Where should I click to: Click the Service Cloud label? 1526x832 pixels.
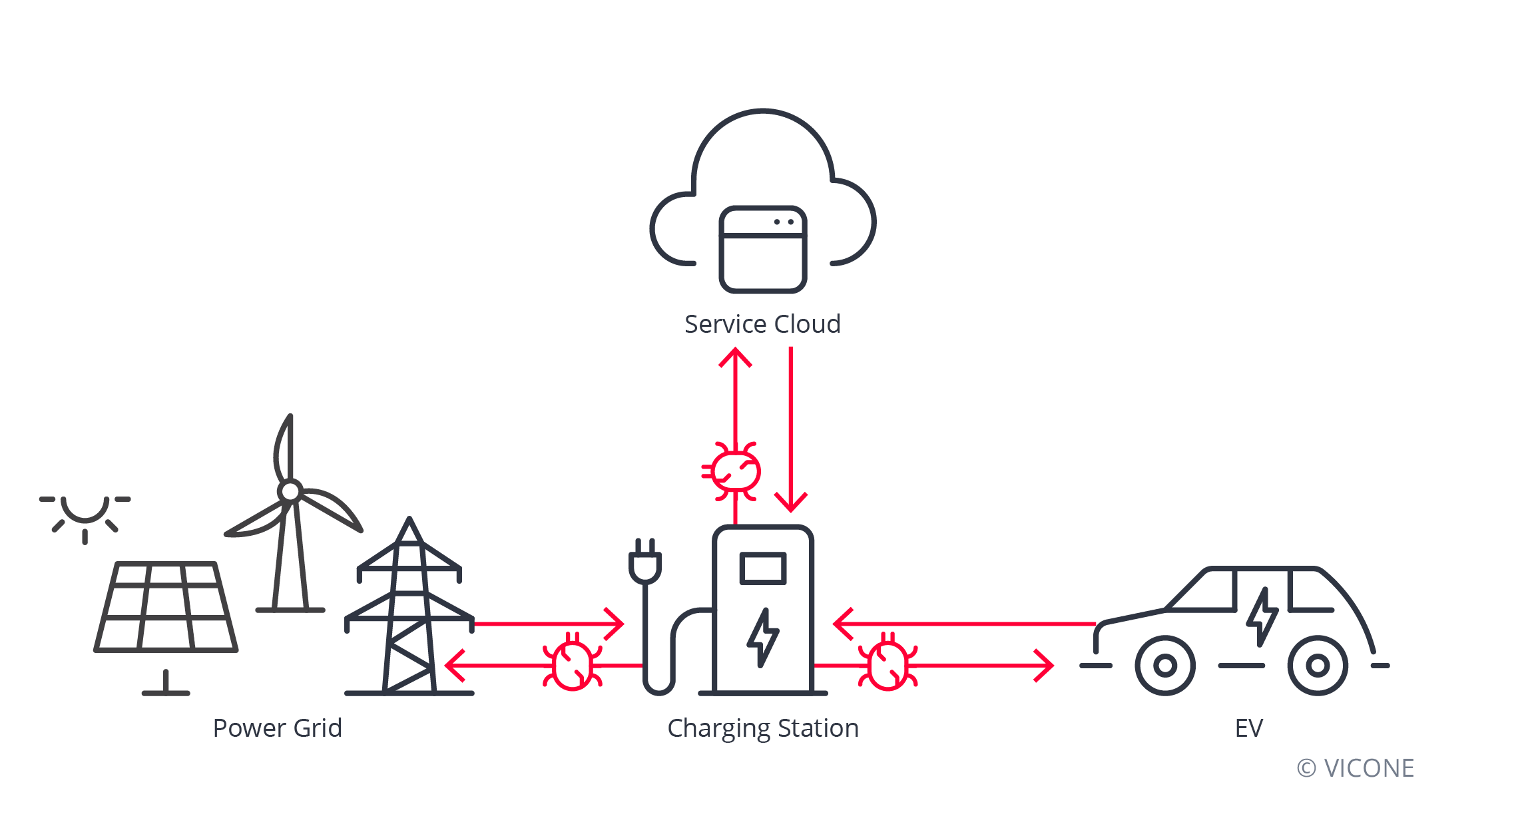[x=762, y=324]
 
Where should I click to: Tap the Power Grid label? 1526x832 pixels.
[x=277, y=728]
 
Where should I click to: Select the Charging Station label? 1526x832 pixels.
[x=763, y=728]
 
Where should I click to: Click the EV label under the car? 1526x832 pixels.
[x=1248, y=728]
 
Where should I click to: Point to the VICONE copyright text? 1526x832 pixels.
[x=1356, y=768]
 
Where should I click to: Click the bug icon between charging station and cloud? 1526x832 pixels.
[x=734, y=471]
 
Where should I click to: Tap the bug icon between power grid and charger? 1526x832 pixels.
[x=573, y=664]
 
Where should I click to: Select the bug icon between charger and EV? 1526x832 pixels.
[x=888, y=664]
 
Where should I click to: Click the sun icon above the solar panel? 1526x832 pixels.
[x=85, y=513]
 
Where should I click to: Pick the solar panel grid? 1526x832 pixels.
[x=166, y=607]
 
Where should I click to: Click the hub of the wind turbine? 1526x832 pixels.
[x=290, y=492]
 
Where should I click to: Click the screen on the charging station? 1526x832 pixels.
[x=763, y=568]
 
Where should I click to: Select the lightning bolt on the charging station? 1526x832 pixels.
[x=763, y=637]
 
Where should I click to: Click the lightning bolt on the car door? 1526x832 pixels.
[x=1262, y=616]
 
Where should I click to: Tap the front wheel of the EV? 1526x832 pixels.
[x=1165, y=665]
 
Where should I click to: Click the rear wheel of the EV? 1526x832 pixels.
[x=1318, y=665]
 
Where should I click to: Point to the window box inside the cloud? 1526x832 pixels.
[x=763, y=250]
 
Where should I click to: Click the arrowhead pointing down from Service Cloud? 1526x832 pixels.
[x=791, y=503]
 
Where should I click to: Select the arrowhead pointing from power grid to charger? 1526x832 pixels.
[x=616, y=624]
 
